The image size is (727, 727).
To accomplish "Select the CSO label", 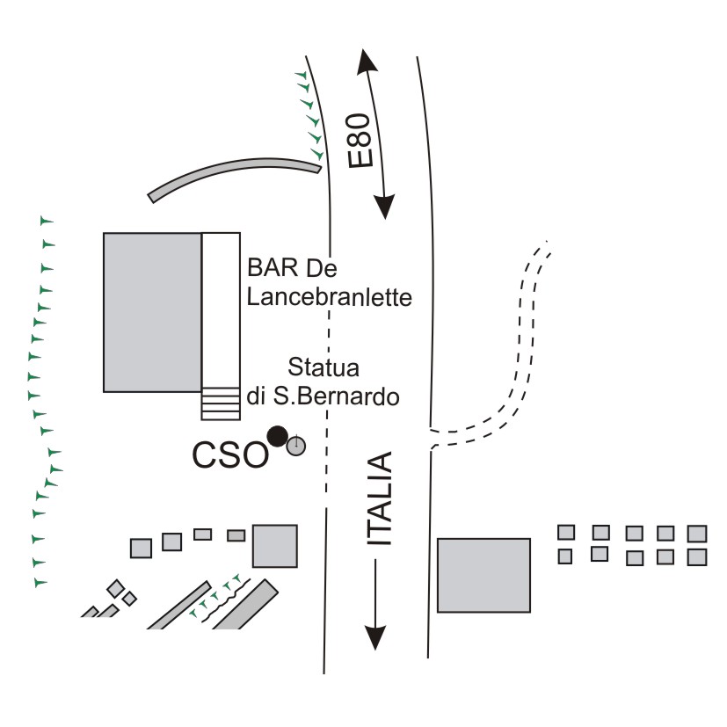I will (229, 455).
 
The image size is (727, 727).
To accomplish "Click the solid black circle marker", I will (278, 435).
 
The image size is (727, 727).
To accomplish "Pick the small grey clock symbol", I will (297, 447).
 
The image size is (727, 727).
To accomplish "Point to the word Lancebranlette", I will (329, 297).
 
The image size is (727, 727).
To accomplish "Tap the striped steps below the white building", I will (221, 403).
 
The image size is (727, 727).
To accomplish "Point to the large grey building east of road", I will (484, 575).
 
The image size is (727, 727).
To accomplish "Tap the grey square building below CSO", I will (275, 545).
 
